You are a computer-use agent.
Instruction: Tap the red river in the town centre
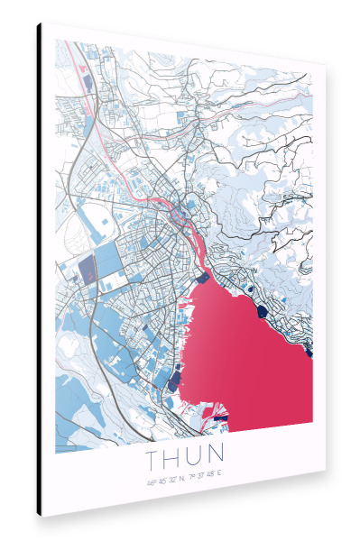tap(195, 236)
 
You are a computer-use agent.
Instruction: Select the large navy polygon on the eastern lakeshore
tap(262, 310)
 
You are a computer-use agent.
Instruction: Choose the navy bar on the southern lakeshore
tap(220, 418)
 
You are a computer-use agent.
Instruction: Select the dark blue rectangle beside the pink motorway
tap(89, 82)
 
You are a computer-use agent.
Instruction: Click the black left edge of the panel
tap(40, 270)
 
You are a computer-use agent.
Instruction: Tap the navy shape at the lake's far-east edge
tap(309, 353)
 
